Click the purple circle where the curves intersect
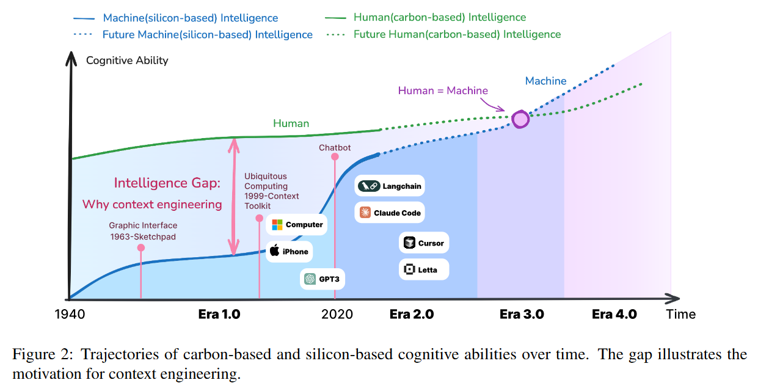[x=520, y=119]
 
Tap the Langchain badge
[x=390, y=186]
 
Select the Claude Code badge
[x=390, y=213]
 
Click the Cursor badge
[x=424, y=243]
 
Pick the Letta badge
[x=424, y=269]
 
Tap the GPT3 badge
[x=324, y=279]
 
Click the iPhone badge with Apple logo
[x=289, y=251]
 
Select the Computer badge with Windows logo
[x=297, y=224]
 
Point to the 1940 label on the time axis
[x=69, y=314]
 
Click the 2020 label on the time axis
[x=337, y=314]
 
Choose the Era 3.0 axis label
[x=522, y=314]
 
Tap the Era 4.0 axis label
[x=614, y=314]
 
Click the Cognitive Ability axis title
[x=127, y=60]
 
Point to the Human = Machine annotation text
[x=443, y=90]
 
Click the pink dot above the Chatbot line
[x=335, y=157]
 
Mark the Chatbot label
[x=335, y=148]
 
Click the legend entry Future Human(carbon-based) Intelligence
[x=457, y=34]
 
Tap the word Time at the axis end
[x=681, y=314]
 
